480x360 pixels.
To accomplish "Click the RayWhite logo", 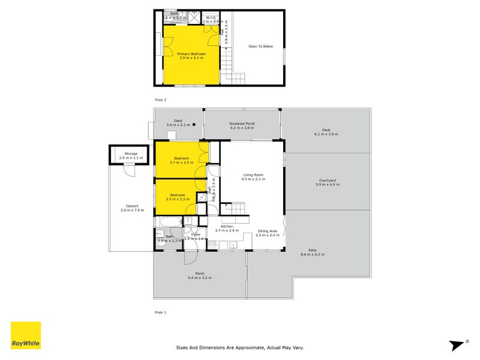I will point(26,335).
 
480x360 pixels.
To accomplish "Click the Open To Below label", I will point(261,46).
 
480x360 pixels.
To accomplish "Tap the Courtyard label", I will point(327,182).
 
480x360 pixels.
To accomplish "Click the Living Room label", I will point(253,176).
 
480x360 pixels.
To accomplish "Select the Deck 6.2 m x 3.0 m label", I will point(326,131).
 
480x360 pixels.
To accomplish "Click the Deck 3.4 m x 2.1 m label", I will point(178,122).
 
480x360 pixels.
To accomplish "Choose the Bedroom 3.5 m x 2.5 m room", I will point(177,197).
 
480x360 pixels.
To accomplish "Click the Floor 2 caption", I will point(160,99).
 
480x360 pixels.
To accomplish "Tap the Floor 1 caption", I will point(160,312).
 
